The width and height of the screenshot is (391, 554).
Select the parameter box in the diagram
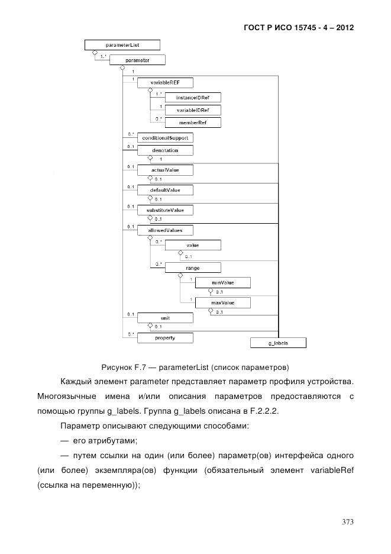click(x=138, y=60)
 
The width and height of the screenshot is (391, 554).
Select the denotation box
click(x=164, y=150)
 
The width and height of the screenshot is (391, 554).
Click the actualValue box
click(x=164, y=170)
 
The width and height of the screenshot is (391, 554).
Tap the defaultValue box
click(x=164, y=190)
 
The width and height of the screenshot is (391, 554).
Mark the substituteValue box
click(x=164, y=210)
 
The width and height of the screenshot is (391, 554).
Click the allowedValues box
click(x=164, y=230)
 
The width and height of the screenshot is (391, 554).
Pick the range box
click(x=193, y=268)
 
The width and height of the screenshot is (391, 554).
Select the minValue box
click(x=223, y=283)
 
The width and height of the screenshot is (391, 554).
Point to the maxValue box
click(x=223, y=303)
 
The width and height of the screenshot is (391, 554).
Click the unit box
click(x=164, y=318)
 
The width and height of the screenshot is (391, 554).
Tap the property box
click(x=164, y=337)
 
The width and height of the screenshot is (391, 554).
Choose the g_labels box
click(x=278, y=343)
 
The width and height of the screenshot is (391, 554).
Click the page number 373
click(x=347, y=521)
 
